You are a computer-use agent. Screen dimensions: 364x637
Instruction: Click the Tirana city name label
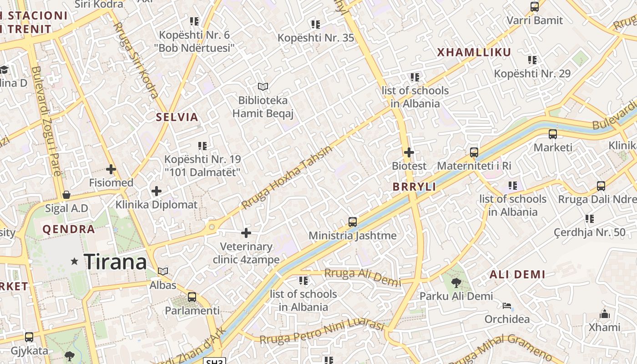(x=116, y=262)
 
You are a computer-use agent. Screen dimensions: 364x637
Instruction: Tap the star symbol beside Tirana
(x=75, y=261)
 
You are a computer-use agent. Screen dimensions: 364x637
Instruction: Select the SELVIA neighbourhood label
(x=177, y=117)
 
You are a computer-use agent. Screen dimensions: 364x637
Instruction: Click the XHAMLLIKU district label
(x=474, y=52)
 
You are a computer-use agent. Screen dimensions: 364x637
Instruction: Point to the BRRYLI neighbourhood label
(x=414, y=187)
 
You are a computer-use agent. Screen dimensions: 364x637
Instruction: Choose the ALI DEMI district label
(x=517, y=274)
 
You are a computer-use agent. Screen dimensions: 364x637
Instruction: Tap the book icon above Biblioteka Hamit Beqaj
(x=263, y=86)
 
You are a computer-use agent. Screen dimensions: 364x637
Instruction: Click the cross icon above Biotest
(x=409, y=152)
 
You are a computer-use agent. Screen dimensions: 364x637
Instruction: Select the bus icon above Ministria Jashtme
(x=353, y=222)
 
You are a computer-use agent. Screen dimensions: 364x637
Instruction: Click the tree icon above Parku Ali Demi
(x=456, y=283)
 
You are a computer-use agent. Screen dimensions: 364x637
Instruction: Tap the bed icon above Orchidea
(x=507, y=306)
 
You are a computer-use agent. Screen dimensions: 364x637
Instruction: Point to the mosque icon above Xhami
(x=604, y=314)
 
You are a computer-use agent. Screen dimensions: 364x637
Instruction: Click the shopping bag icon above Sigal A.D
(x=66, y=195)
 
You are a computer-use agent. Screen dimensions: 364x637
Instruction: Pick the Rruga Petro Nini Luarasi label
(x=322, y=332)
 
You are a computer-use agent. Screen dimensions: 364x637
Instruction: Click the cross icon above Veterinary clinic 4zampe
(x=246, y=233)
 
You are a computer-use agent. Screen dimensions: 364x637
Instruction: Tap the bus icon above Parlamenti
(x=192, y=297)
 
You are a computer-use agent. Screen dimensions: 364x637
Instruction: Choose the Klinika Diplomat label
(x=157, y=204)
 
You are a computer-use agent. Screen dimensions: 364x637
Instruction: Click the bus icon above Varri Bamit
(x=535, y=7)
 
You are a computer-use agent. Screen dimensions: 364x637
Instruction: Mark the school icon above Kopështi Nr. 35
(x=315, y=24)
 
